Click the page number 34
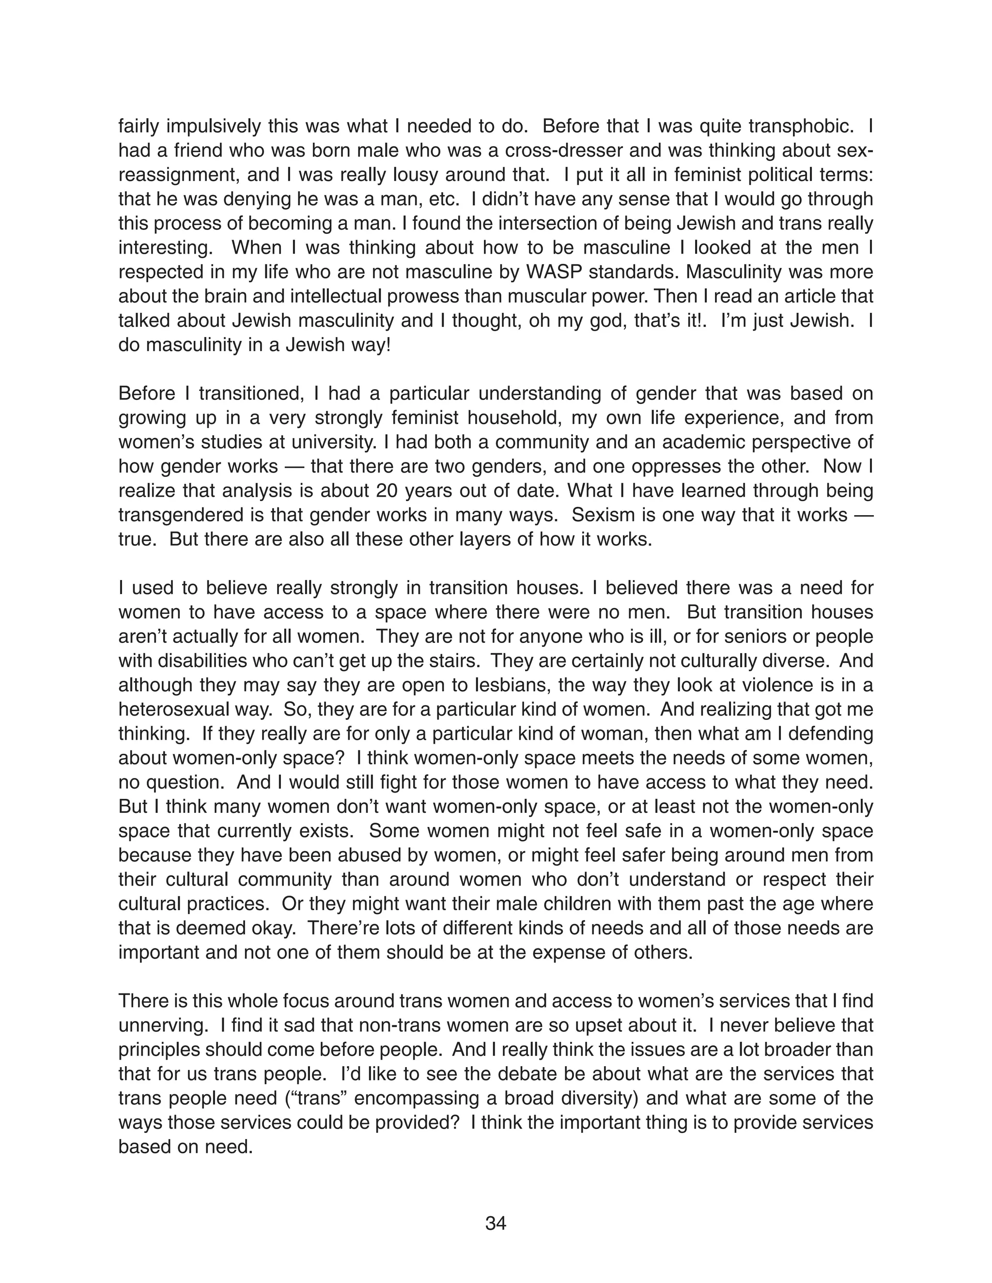[496, 1223]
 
